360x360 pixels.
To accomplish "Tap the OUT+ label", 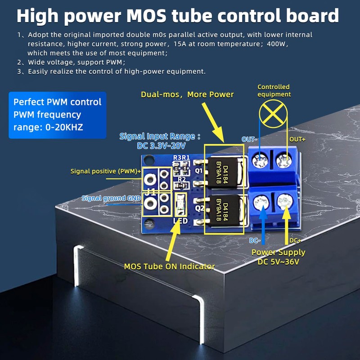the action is point(297,139).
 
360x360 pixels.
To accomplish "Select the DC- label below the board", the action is point(255,241).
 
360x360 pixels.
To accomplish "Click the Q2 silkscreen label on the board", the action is point(200,208).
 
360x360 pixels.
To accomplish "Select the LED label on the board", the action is point(180,221).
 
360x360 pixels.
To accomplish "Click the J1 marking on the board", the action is point(151,192).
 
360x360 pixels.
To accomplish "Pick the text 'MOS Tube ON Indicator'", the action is point(169,266).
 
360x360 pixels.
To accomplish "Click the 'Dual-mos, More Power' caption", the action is point(187,94).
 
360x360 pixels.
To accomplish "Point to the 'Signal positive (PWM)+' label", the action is point(106,171).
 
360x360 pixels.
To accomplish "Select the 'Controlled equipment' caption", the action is point(274,90).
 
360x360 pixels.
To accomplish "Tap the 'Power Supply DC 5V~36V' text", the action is point(278,257).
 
